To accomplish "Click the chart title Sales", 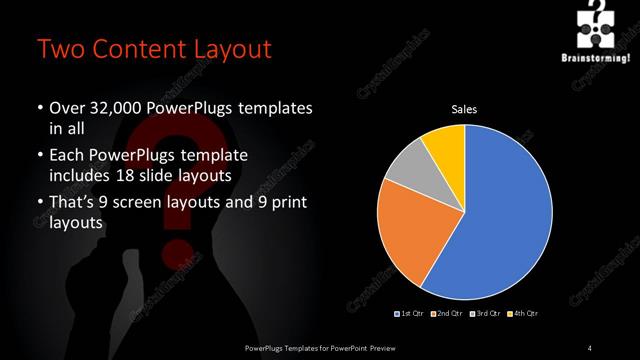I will pyautogui.click(x=466, y=108).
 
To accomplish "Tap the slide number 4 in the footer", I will pyautogui.click(x=590, y=347).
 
